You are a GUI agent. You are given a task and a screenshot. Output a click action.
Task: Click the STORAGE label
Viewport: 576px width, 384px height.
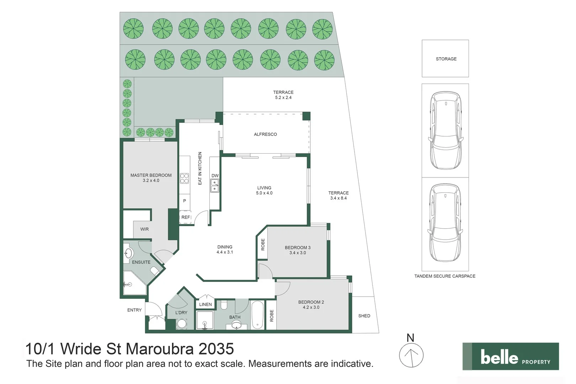pyautogui.click(x=446, y=59)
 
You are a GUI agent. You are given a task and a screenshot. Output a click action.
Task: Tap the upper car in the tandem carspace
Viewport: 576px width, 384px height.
pyautogui.click(x=445, y=130)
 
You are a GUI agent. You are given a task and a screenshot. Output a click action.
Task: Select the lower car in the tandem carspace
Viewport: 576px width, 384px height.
pyautogui.click(x=445, y=223)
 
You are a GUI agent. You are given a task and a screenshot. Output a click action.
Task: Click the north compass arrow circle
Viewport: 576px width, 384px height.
pyautogui.click(x=411, y=355)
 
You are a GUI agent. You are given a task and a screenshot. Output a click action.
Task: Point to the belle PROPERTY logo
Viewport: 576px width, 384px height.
pyautogui.click(x=511, y=357)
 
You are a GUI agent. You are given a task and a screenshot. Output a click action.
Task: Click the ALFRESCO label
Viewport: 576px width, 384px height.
pyautogui.click(x=265, y=134)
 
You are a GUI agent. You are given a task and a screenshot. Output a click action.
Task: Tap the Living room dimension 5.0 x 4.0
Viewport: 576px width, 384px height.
pyautogui.click(x=264, y=193)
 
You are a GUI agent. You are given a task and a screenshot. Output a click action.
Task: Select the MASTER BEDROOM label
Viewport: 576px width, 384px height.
pyautogui.click(x=151, y=175)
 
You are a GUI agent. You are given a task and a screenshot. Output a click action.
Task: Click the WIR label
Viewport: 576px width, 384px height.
pyautogui.click(x=144, y=229)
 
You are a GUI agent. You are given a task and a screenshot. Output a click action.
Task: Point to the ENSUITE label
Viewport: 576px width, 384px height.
pyautogui.click(x=141, y=262)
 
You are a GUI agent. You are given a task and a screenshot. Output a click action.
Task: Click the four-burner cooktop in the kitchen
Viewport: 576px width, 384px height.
pyautogui.click(x=184, y=178)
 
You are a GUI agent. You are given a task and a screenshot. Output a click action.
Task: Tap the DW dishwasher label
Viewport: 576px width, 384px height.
pyautogui.click(x=215, y=176)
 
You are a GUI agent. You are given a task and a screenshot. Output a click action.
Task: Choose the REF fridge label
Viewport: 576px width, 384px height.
pyautogui.click(x=186, y=217)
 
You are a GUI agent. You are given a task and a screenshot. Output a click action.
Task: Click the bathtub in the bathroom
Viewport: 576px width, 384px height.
pyautogui.click(x=257, y=315)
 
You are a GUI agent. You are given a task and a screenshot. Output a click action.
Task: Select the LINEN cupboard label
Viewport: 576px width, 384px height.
pyautogui.click(x=205, y=305)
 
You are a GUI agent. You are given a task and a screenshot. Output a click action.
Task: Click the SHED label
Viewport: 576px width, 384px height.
pyautogui.click(x=364, y=316)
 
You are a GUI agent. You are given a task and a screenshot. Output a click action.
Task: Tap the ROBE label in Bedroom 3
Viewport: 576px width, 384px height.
pyautogui.click(x=263, y=245)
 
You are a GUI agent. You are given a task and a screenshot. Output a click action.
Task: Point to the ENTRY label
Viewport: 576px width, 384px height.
pyautogui.click(x=134, y=310)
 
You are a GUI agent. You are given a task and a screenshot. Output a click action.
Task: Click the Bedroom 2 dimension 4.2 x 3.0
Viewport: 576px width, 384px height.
pyautogui.click(x=311, y=307)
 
